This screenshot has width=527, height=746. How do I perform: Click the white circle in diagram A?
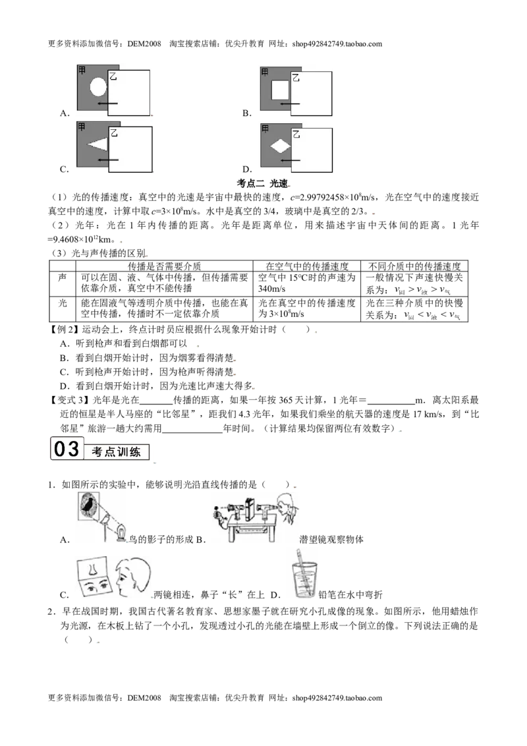click(98, 87)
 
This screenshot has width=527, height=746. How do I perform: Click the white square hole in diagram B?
click(280, 90)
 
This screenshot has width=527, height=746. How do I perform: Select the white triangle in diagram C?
click(97, 144)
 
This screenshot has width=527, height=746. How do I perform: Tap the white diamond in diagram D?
click(281, 146)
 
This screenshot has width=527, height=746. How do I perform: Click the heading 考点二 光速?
click(263, 183)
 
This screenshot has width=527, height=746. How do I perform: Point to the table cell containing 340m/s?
click(307, 283)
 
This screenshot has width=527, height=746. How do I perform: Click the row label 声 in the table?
click(63, 277)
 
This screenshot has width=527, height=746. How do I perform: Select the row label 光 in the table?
click(63, 303)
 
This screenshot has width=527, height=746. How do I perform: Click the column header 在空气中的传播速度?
click(307, 266)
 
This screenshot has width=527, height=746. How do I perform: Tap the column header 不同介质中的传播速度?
click(414, 266)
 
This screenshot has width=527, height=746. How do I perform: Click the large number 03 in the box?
click(67, 449)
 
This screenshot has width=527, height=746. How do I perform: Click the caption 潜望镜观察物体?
click(331, 540)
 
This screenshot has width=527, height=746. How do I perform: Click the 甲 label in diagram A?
click(82, 70)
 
